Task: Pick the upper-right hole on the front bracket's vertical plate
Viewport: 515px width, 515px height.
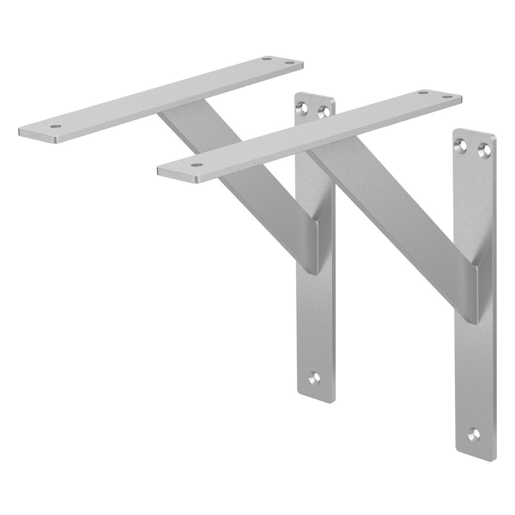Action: tap(486, 150)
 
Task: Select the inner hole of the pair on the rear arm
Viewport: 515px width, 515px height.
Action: tap(267, 58)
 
